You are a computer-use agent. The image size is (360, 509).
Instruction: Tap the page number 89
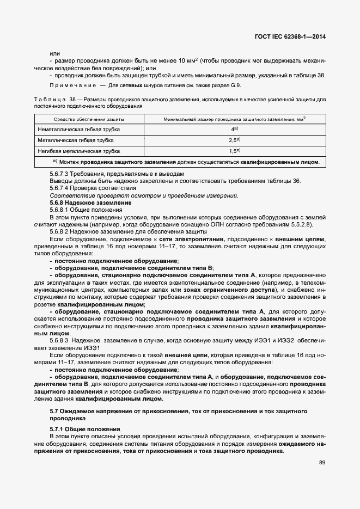click(321, 463)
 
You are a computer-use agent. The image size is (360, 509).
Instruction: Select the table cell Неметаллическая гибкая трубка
click(79, 130)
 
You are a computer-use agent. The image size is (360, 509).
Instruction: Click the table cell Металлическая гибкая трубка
click(75, 140)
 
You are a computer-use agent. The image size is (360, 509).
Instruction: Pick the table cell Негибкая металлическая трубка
click(78, 151)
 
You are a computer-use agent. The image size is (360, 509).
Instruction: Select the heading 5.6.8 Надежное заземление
click(80, 203)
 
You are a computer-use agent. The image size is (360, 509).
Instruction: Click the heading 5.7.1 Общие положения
click(77, 430)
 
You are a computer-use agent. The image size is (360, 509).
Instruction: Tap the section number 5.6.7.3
click(59, 174)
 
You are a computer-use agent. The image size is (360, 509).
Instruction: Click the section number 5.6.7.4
click(59, 188)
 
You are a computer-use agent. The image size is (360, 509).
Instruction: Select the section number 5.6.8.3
click(59, 340)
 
